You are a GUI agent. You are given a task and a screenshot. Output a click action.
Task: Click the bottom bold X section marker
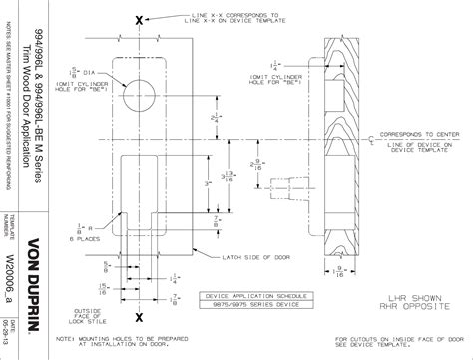click(x=139, y=315)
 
